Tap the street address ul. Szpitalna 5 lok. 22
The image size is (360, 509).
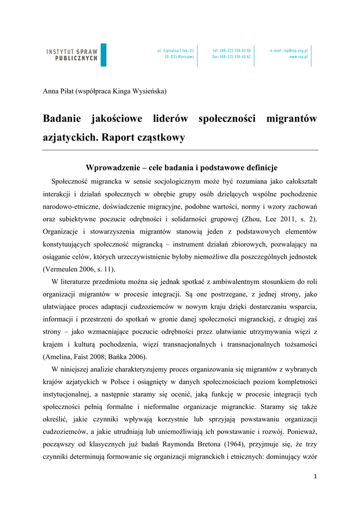point(176,51)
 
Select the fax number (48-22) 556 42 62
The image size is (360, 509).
point(232,57)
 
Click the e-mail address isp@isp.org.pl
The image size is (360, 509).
point(289,51)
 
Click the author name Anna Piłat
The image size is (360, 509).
point(57,91)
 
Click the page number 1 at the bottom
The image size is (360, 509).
point(315,476)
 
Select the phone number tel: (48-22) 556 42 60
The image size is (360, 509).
point(232,51)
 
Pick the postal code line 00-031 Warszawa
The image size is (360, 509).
point(180,57)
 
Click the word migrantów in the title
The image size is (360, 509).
point(291,119)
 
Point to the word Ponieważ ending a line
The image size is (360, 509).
point(300,431)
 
